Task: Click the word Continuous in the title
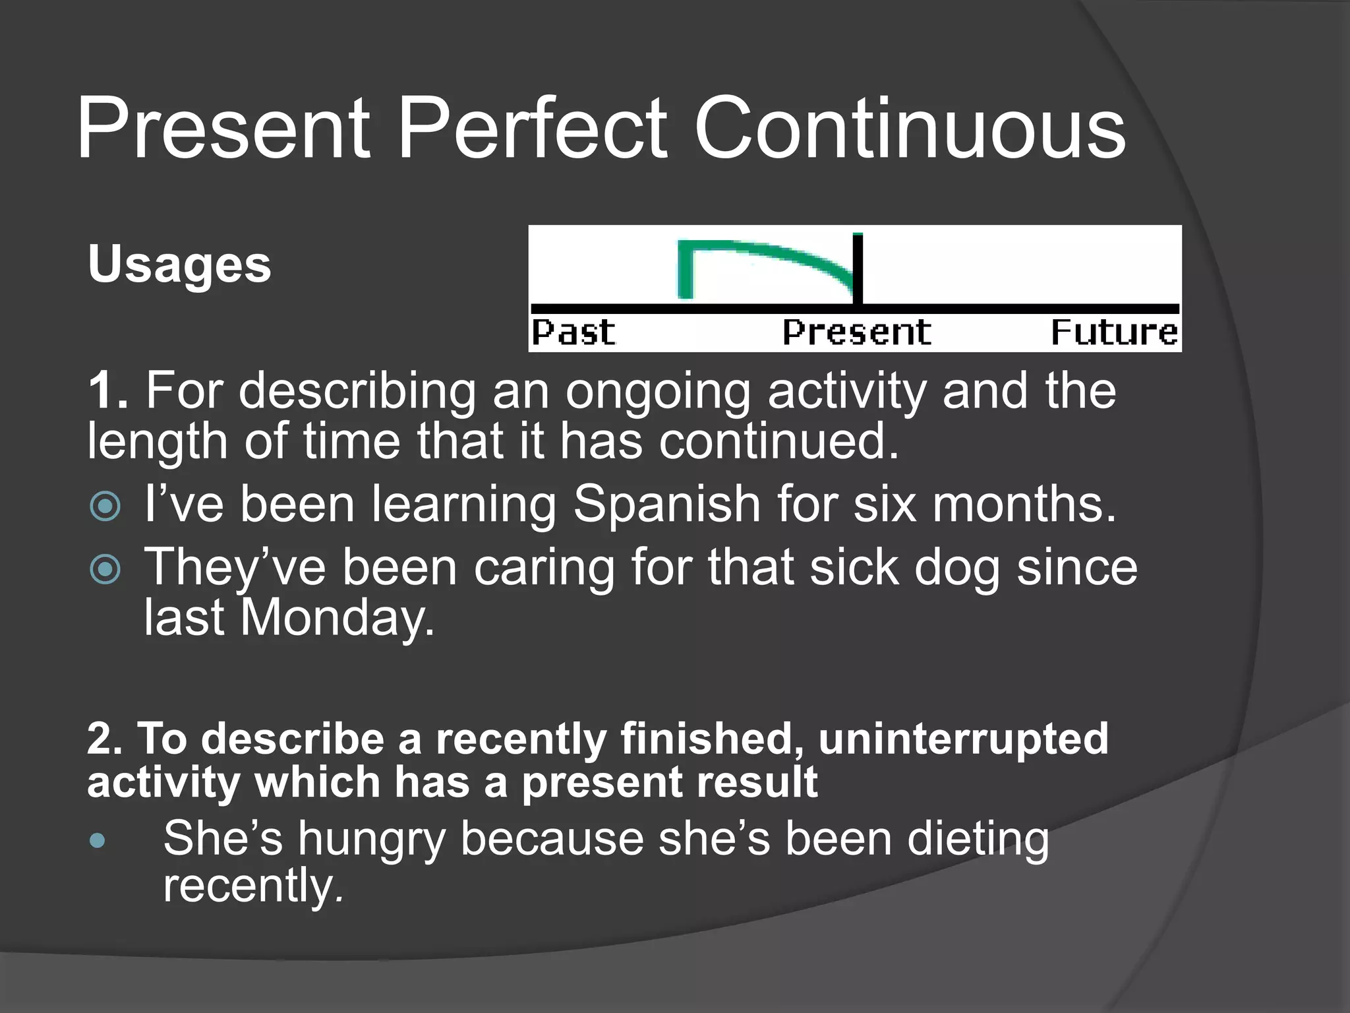pos(910,129)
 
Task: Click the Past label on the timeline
pos(573,332)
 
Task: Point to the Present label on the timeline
pos(856,332)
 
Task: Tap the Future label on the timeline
pos(1113,332)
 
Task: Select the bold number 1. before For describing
pos(107,391)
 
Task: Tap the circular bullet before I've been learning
pos(105,506)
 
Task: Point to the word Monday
pos(337,619)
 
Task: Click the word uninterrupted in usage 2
pos(963,739)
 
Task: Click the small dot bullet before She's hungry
pos(98,840)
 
